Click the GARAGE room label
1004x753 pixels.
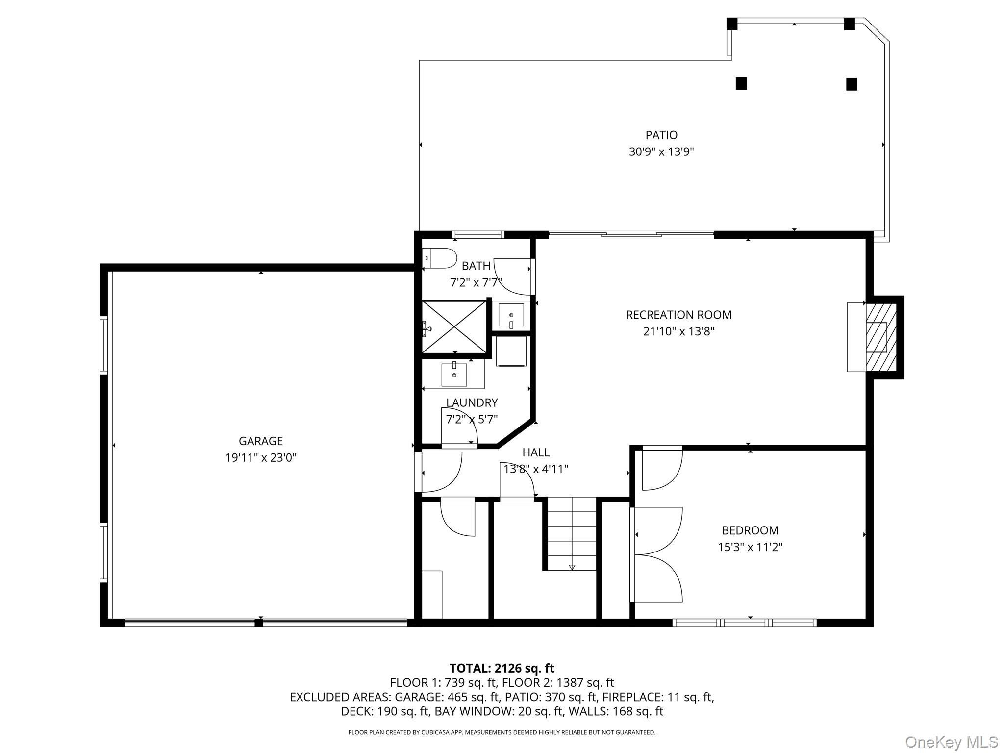tap(260, 441)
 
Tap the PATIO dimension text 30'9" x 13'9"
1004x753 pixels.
tap(661, 152)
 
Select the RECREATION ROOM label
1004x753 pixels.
tap(678, 315)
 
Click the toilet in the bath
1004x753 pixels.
tap(440, 258)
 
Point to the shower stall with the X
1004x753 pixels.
tap(454, 326)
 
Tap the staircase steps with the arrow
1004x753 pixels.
tap(572, 534)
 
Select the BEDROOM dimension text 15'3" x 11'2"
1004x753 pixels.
tap(750, 547)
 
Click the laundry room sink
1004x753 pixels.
tap(454, 375)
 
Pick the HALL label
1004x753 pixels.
tap(535, 452)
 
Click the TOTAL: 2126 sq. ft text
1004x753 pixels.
tap(502, 668)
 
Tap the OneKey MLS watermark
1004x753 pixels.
tap(951, 742)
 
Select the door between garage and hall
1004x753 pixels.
tap(440, 472)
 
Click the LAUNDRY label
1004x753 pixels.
tap(472, 403)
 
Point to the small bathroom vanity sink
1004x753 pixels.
tap(511, 315)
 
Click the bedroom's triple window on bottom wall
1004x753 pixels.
tap(744, 623)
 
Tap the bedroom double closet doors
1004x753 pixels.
tap(657, 554)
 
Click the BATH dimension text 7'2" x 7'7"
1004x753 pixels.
tap(475, 283)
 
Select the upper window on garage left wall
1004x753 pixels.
tap(103, 346)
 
